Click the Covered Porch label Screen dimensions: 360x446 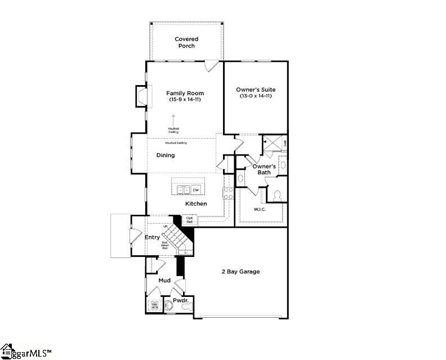pyautogui.click(x=186, y=42)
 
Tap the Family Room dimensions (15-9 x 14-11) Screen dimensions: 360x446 pyautogui.click(x=185, y=100)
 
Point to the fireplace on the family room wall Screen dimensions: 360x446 pyautogui.click(x=141, y=95)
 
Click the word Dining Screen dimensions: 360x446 pyautogui.click(x=166, y=155)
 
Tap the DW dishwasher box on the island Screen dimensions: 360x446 pyautogui.click(x=196, y=190)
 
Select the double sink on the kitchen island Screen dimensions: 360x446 pyautogui.click(x=183, y=190)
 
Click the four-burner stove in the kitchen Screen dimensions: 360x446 pyautogui.click(x=229, y=193)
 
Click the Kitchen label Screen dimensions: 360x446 pyautogui.click(x=196, y=203)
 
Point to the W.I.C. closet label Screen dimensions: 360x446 pyautogui.click(x=260, y=209)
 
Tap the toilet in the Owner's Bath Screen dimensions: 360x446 pyautogui.click(x=276, y=195)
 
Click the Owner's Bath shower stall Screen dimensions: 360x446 pyautogui.click(x=271, y=143)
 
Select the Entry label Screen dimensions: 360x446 pyautogui.click(x=152, y=237)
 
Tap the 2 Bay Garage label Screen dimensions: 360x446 pyautogui.click(x=240, y=272)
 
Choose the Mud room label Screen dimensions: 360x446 pyautogui.click(x=164, y=280)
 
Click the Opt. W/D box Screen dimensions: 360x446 pyautogui.click(x=154, y=305)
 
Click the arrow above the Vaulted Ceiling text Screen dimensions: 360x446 pyautogui.click(x=173, y=119)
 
